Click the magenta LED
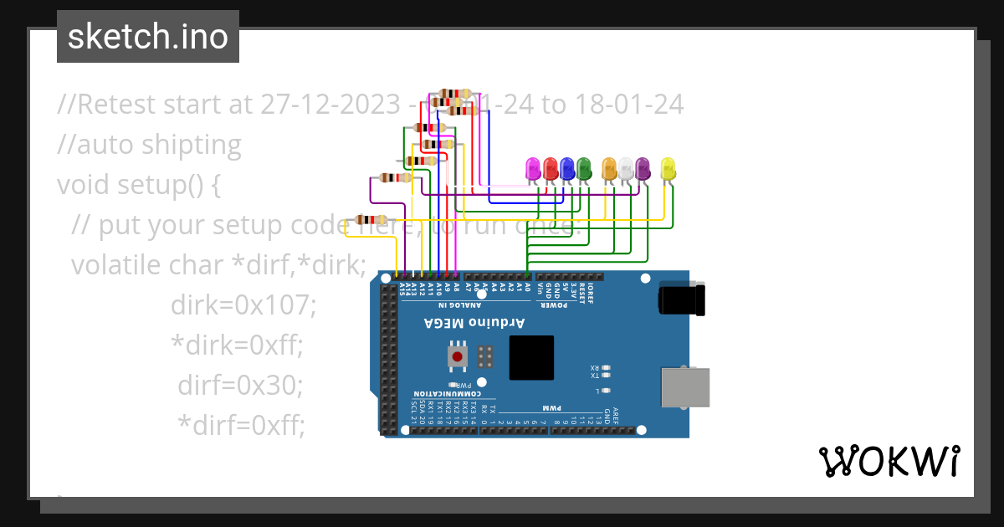[533, 168]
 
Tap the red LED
[550, 168]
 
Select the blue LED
[567, 168]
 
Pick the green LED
[584, 168]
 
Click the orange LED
[609, 168]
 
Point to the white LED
[626, 168]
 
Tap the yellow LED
[668, 168]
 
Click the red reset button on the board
[457, 358]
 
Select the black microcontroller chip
[531, 357]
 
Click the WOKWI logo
[889, 462]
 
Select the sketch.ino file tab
[148, 37]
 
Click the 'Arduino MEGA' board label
[474, 323]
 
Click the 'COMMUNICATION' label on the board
[446, 394]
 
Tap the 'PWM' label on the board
[551, 407]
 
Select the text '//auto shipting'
[149, 145]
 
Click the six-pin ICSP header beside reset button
[484, 358]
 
